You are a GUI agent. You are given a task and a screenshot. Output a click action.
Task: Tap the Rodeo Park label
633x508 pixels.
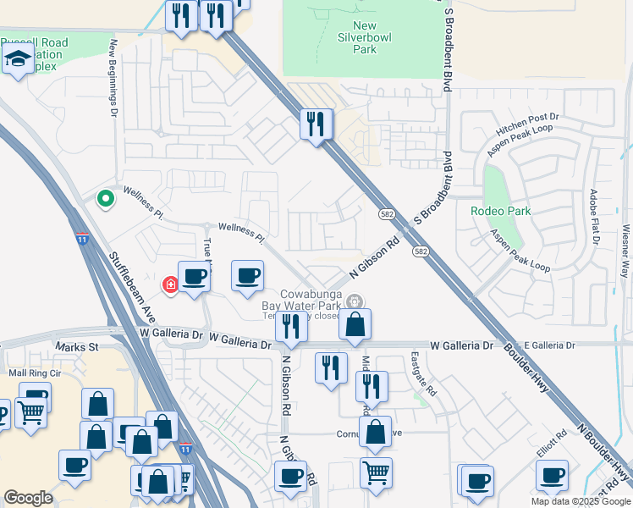tap(501, 210)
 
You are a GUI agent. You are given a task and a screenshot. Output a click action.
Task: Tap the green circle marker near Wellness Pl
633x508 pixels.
tap(106, 199)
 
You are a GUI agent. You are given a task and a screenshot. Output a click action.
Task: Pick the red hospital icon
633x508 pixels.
tap(171, 284)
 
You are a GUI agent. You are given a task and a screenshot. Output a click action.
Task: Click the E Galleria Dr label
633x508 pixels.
tap(548, 345)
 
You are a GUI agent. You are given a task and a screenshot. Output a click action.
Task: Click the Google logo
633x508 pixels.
tap(28, 498)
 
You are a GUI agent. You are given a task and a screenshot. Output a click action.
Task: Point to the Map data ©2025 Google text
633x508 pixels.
tap(581, 501)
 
